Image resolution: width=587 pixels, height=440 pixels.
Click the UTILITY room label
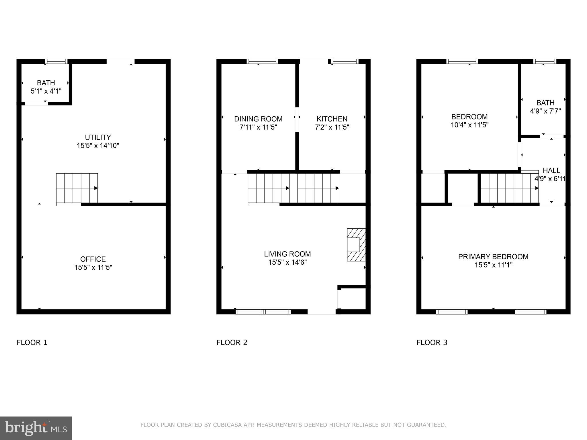pyautogui.click(x=98, y=137)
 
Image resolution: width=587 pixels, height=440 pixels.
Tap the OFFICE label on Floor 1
pyautogui.click(x=93, y=259)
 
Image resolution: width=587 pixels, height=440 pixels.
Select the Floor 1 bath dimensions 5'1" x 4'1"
pyautogui.click(x=46, y=91)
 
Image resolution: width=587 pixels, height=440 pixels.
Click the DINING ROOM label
pyautogui.click(x=258, y=119)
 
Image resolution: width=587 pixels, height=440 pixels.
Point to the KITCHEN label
pyautogui.click(x=332, y=119)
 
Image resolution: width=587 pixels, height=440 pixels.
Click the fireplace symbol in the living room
pyautogui.click(x=356, y=245)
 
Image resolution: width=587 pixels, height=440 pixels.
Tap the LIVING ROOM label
pyautogui.click(x=287, y=254)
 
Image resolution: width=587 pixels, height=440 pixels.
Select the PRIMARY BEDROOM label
pyautogui.click(x=493, y=257)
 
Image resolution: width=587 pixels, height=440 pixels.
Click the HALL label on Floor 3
pyautogui.click(x=551, y=170)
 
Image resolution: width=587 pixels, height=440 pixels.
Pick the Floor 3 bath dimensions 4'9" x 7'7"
pyautogui.click(x=545, y=111)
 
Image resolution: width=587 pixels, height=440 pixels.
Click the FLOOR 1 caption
pyautogui.click(x=32, y=343)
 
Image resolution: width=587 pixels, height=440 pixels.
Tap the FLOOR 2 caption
pyautogui.click(x=232, y=343)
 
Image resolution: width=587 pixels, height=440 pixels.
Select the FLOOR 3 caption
pyautogui.click(x=432, y=343)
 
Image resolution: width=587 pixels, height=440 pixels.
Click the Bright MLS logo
pyautogui.click(x=36, y=428)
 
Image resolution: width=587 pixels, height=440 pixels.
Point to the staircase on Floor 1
pyautogui.click(x=77, y=188)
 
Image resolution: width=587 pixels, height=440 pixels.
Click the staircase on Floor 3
pyautogui.click(x=509, y=188)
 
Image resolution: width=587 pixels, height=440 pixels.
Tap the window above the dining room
pyautogui.click(x=262, y=61)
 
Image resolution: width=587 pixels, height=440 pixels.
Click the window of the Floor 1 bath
pyautogui.click(x=56, y=61)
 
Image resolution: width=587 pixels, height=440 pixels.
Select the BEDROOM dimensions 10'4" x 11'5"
pyautogui.click(x=469, y=125)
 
